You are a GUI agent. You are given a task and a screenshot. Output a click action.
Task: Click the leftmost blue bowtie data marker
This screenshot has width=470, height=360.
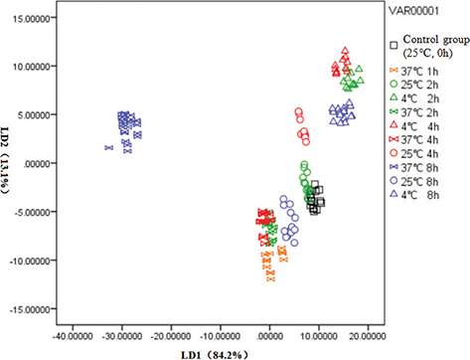coord(108,148)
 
